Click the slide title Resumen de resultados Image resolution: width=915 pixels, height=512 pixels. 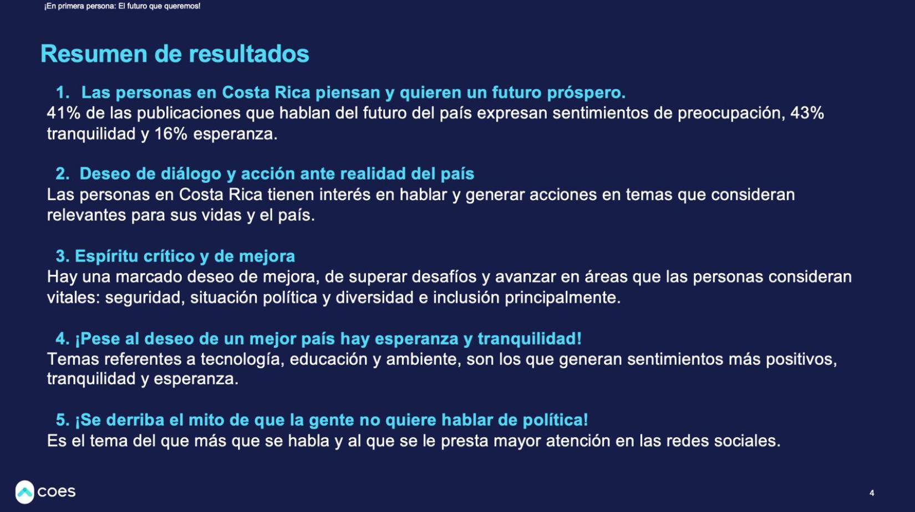coord(175,54)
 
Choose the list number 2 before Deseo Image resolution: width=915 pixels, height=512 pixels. coord(63,174)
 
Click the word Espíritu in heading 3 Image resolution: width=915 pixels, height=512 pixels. coord(106,257)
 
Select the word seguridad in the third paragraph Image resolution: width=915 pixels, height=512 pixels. coord(143,298)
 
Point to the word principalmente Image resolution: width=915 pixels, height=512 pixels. coord(562,298)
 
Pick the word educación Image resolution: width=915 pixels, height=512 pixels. coord(328,359)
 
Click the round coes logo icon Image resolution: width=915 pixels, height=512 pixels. coord(24,492)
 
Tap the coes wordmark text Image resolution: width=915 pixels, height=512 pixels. coord(57,491)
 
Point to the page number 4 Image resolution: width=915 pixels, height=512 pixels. coord(872,493)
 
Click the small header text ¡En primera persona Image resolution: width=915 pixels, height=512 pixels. coord(78,7)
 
